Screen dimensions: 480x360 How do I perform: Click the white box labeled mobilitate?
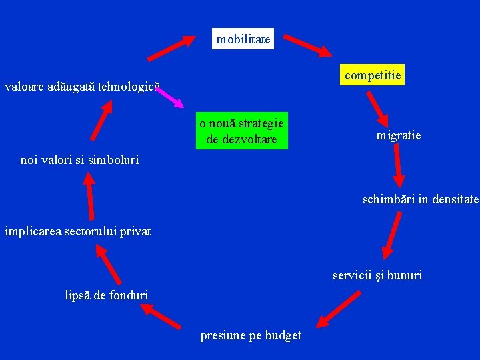point(243,39)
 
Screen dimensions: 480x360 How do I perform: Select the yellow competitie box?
point(373,75)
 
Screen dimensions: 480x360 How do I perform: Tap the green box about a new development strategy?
point(241,131)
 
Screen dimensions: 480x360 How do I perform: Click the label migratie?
point(398,135)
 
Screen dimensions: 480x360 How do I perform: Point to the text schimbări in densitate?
point(420,199)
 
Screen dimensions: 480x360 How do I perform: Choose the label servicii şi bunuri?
point(377,275)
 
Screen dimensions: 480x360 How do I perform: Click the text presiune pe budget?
point(251,335)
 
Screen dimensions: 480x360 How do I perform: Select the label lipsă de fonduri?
point(107,294)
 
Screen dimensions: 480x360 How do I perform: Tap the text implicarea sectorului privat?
point(78,231)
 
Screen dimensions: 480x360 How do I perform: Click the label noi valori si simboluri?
point(79,160)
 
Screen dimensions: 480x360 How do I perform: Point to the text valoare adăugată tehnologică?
point(82,87)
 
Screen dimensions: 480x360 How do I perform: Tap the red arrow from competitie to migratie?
point(375,107)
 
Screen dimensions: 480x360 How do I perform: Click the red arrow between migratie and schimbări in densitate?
point(397,165)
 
